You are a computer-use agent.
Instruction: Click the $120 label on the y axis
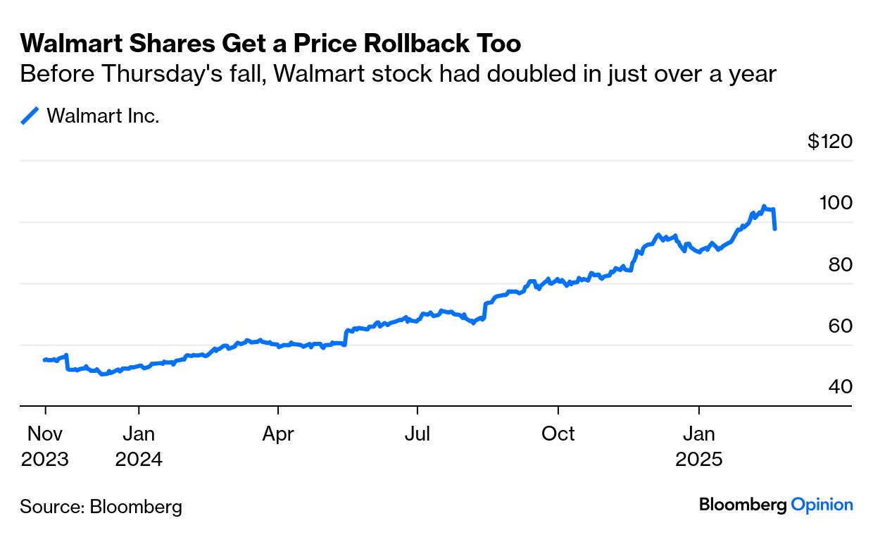[830, 142]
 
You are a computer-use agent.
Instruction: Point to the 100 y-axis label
[836, 203]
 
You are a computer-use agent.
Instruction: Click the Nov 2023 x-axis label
[45, 446]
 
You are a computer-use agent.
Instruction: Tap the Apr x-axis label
[278, 434]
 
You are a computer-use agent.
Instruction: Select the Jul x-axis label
[417, 434]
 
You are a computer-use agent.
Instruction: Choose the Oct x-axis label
[558, 434]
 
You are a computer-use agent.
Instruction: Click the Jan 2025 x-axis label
[699, 446]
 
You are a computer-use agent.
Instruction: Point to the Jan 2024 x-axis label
[139, 446]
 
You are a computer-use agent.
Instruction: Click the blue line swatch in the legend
[30, 116]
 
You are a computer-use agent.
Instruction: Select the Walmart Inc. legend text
[103, 116]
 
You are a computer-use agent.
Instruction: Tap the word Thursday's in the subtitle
[134, 74]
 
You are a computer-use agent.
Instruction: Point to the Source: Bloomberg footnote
[101, 506]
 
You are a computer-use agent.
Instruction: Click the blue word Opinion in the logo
[822, 505]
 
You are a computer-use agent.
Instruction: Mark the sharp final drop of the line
[774, 219]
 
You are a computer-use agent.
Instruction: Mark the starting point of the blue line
[44, 359]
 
